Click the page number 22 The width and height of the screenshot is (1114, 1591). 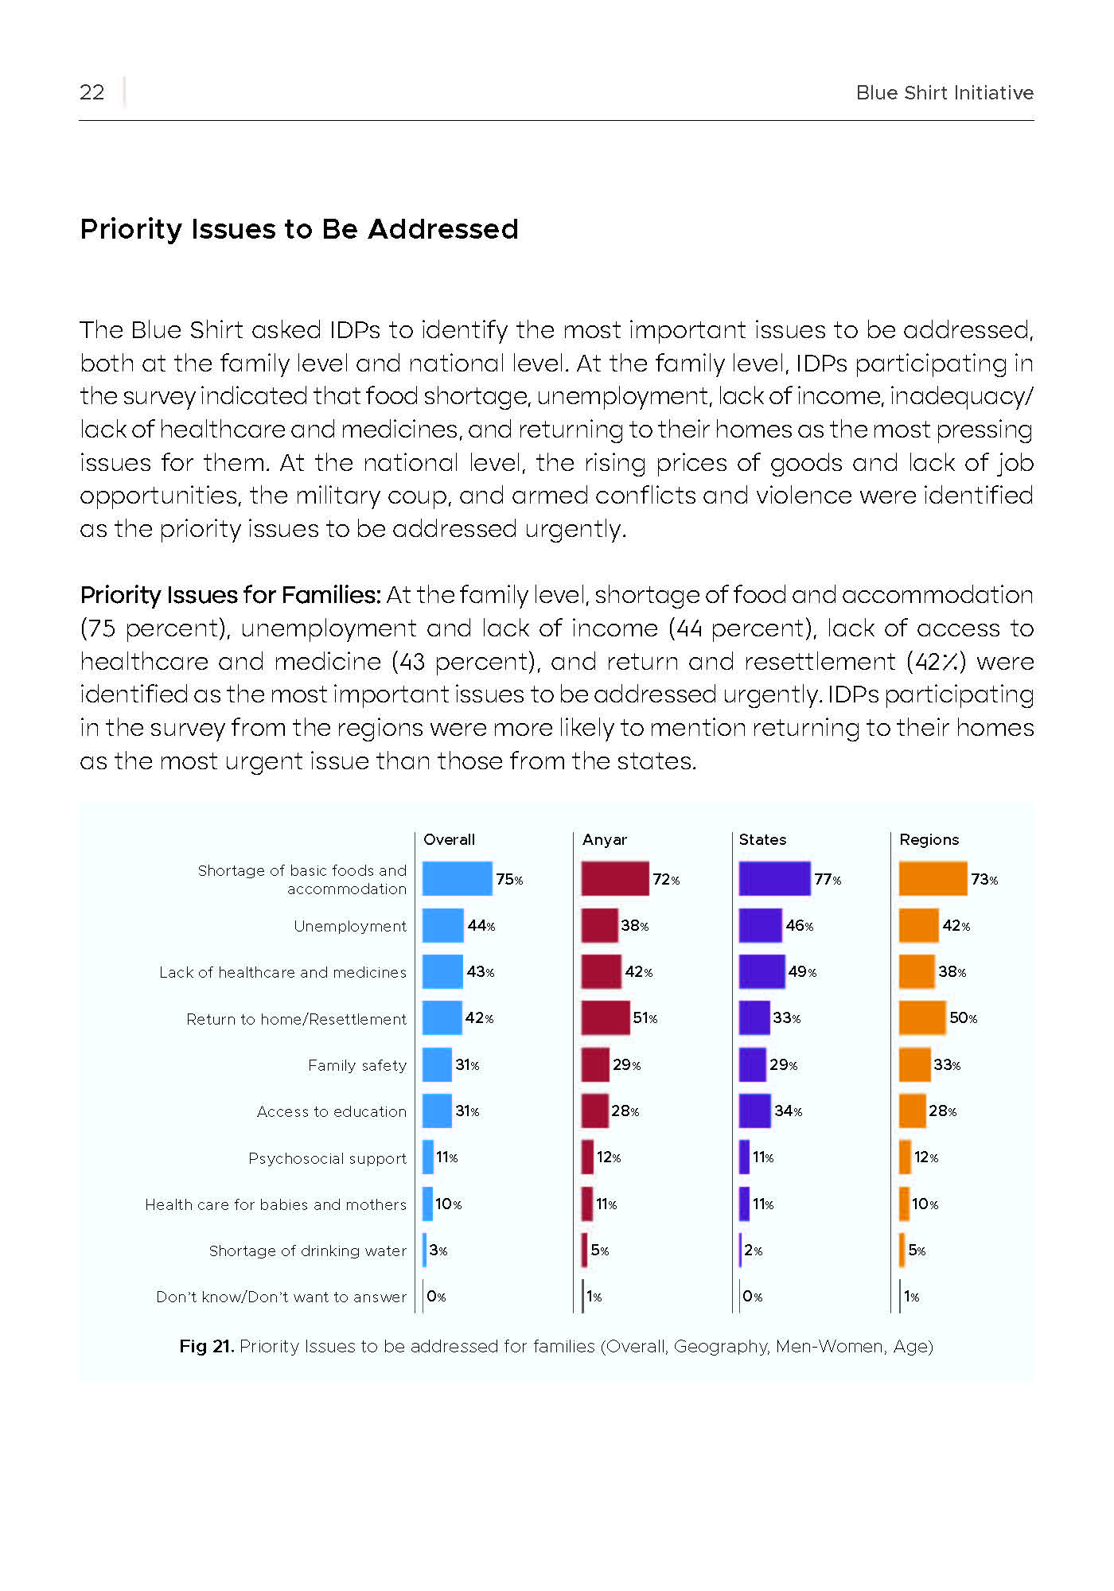pos(92,92)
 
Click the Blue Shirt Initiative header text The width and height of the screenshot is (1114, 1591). pos(945,93)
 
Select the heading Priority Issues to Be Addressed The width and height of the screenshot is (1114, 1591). pos(299,229)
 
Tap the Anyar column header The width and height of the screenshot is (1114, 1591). pos(605,839)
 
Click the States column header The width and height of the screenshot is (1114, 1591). pos(762,839)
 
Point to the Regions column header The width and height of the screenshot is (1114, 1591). pos(929,840)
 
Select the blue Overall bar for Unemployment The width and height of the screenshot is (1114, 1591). pos(443,925)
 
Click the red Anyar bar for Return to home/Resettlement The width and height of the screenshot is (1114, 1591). pos(606,1017)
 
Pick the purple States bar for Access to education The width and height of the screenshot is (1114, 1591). pos(755,1111)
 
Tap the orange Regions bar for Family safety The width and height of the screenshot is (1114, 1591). pos(915,1064)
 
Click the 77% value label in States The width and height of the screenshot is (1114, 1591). pos(828,879)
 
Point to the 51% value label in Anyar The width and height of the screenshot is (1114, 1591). pos(645,1018)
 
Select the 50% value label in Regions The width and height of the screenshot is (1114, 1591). pos(964,1018)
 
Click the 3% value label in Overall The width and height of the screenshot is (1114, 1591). pos(438,1251)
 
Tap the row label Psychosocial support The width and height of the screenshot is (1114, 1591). pos(327,1158)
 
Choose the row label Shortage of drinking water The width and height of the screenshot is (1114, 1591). pos(308,1251)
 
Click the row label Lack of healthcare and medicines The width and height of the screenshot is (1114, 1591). pos(282,972)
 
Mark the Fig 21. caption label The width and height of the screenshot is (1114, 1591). pos(206,1346)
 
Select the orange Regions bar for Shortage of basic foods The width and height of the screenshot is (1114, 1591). pos(933,879)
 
